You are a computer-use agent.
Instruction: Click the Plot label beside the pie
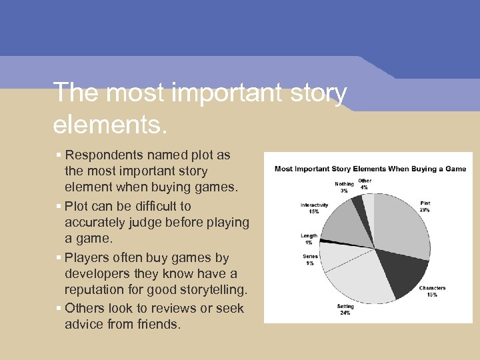(x=425, y=207)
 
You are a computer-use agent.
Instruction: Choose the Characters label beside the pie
(x=432, y=291)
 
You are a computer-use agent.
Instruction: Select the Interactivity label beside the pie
(x=314, y=208)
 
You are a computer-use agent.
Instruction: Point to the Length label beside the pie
(x=309, y=239)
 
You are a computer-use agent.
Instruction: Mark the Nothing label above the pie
(x=344, y=187)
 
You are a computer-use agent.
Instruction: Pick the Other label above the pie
(x=365, y=183)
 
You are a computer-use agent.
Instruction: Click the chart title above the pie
(x=370, y=169)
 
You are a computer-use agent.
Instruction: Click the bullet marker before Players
(x=59, y=258)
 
